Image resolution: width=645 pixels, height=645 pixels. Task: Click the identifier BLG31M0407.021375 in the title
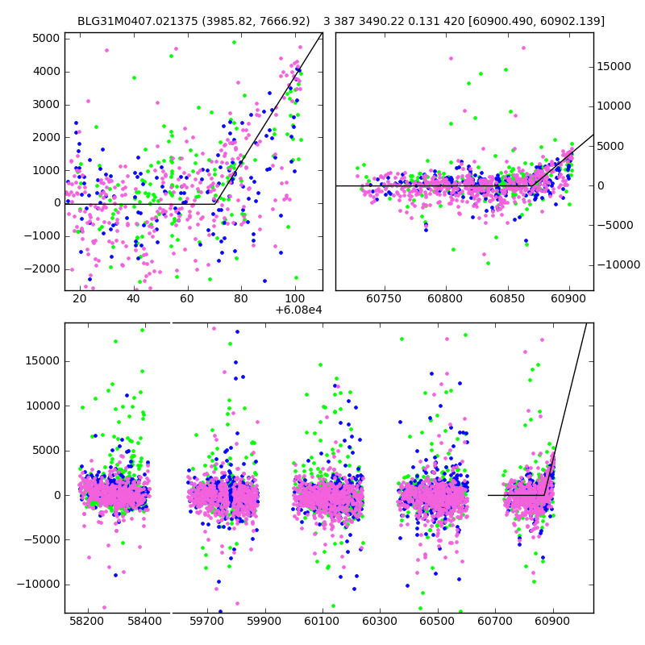132,21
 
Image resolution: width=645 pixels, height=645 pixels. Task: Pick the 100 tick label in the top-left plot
295,299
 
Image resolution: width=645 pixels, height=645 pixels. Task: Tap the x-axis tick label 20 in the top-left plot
79,299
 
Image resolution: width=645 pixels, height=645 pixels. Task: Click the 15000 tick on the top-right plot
617,67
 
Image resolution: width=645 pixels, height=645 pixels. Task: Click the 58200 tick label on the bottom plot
87,622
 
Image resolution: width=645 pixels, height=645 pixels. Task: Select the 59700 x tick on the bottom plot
206,622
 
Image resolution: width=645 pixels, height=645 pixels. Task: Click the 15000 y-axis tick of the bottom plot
41,360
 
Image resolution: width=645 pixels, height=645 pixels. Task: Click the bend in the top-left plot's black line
216,203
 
